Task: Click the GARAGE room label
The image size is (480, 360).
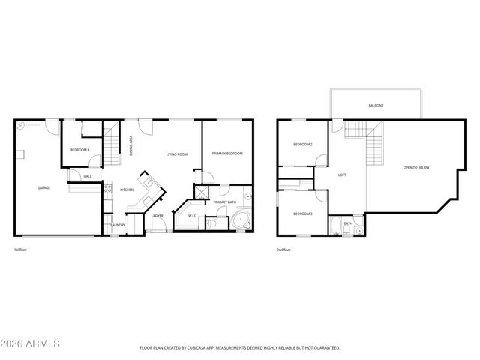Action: (44, 187)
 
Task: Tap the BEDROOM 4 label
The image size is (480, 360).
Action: (80, 150)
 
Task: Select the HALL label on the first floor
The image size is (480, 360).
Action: (88, 176)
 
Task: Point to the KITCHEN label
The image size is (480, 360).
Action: (127, 190)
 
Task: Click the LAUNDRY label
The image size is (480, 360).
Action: (118, 225)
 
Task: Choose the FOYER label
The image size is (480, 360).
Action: (158, 216)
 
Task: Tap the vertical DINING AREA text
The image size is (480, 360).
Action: (131, 142)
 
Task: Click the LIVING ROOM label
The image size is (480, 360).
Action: (177, 154)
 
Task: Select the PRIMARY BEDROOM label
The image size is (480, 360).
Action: (227, 154)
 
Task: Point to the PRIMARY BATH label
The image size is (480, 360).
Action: (223, 202)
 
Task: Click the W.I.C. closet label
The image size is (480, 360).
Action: (192, 217)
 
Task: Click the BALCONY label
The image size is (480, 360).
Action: (376, 106)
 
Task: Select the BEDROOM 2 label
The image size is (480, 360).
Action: (302, 144)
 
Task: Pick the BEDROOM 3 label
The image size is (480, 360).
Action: (302, 214)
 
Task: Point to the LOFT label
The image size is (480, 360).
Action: (342, 175)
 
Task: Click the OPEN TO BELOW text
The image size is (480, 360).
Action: (416, 167)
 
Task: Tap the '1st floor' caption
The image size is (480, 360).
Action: (21, 249)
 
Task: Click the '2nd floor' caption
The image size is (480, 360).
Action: (283, 249)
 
